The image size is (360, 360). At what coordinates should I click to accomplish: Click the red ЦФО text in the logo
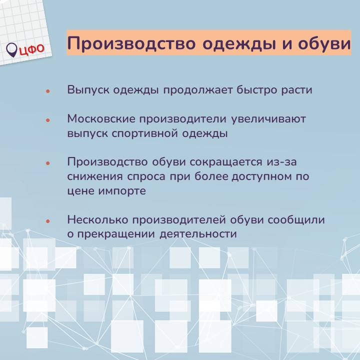(31, 49)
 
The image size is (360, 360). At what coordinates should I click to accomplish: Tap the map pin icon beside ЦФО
(11, 50)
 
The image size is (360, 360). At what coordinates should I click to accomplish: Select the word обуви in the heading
(324, 43)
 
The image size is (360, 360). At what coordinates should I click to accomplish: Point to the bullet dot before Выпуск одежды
(48, 91)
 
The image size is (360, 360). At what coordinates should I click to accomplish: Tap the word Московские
(101, 119)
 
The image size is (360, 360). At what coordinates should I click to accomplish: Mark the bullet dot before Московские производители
(48, 120)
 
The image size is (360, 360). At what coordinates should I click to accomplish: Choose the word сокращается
(226, 162)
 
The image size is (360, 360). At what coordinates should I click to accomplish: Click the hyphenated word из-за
(281, 162)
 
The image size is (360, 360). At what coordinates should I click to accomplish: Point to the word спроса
(146, 177)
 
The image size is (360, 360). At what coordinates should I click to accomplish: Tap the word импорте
(122, 191)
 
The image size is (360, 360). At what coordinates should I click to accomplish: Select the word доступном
(261, 177)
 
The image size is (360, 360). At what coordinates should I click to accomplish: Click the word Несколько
(98, 220)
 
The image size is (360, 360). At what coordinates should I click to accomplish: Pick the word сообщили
(296, 220)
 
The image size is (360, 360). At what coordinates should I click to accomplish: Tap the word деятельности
(198, 234)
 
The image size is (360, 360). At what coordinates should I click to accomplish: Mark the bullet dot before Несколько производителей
(48, 221)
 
